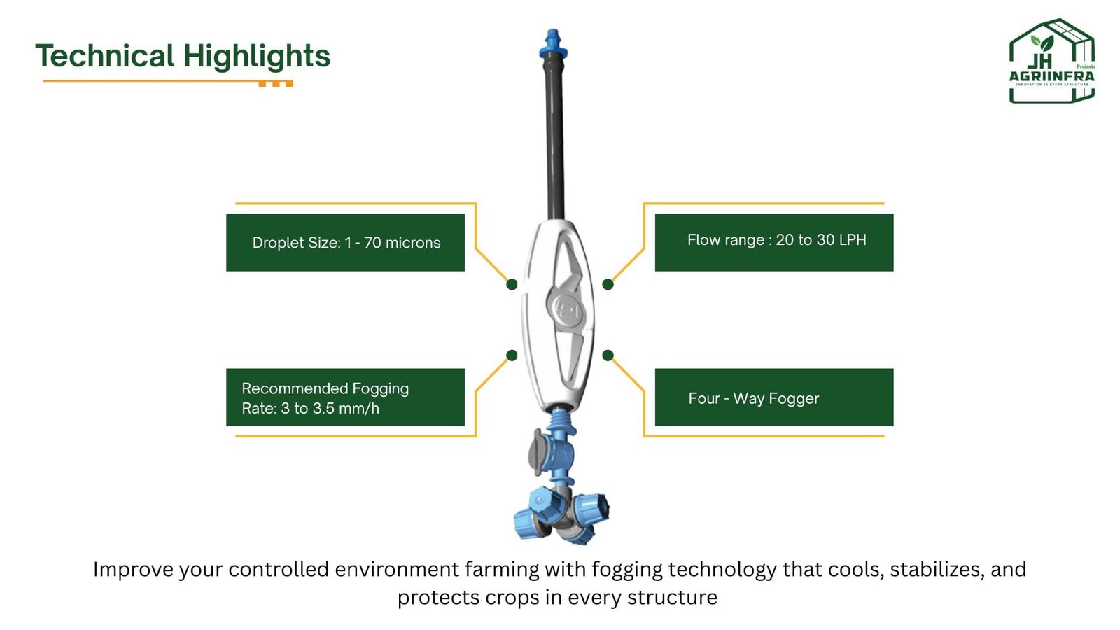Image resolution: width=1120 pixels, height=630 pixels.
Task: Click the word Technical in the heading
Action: (105, 55)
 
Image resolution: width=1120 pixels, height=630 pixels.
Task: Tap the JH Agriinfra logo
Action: (1052, 61)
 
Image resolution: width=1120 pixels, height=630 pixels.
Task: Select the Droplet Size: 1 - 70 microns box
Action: (346, 242)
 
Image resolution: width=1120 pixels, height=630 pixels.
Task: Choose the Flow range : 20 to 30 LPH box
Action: (774, 242)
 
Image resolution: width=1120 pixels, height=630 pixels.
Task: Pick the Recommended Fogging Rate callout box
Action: (346, 397)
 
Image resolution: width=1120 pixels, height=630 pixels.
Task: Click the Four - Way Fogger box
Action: (774, 397)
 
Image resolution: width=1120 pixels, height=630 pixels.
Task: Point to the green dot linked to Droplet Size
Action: (512, 284)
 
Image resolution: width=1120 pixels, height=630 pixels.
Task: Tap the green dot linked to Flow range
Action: (608, 284)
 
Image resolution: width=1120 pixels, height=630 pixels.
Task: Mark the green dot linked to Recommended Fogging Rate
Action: (512, 356)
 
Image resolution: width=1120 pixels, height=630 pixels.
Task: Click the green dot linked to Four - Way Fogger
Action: (608, 356)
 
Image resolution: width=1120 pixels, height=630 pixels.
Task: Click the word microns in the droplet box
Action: (413, 243)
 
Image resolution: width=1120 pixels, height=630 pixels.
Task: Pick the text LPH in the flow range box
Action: (853, 240)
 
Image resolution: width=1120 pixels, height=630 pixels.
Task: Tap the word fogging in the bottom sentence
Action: (627, 570)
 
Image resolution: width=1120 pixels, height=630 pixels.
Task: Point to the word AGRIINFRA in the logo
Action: (1051, 76)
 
